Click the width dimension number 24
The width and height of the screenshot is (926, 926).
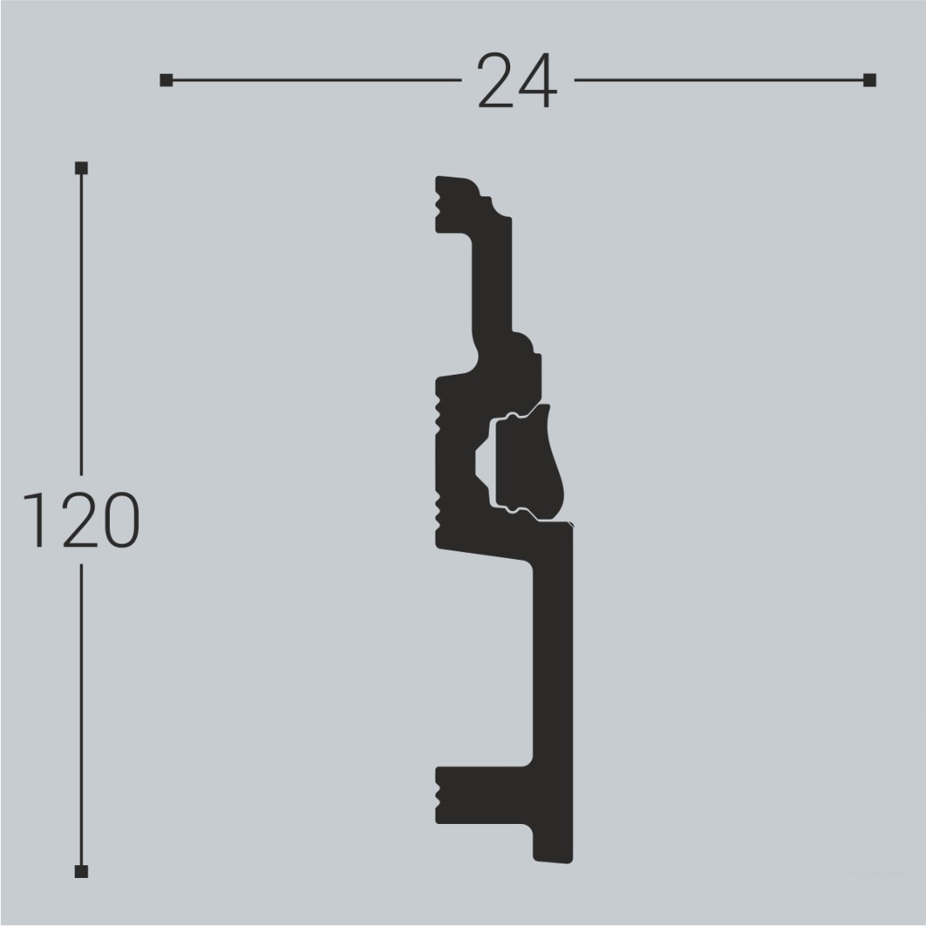point(517,81)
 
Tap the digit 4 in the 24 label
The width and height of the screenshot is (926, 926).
point(538,81)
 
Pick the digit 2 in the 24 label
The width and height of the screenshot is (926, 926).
point(496,81)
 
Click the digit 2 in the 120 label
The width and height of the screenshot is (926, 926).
point(76,520)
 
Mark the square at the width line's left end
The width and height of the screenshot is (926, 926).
point(165,81)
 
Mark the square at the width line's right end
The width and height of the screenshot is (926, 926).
point(869,81)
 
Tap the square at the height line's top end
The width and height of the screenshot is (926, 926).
point(81,168)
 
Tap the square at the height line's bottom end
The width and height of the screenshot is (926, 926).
point(81,872)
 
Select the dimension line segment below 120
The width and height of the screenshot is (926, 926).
point(81,712)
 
